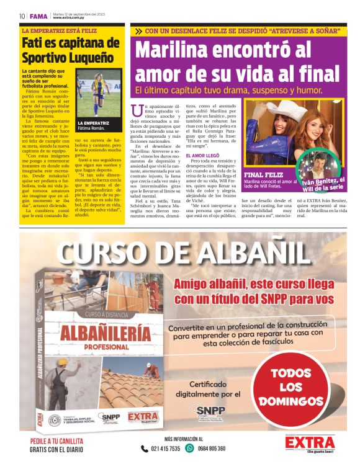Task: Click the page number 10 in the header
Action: [22, 16]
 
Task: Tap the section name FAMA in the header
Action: [39, 16]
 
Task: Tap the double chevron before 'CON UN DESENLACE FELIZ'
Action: [137, 30]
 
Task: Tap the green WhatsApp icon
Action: [190, 448]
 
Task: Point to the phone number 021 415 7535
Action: [161, 449]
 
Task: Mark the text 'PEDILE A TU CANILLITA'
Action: [59, 442]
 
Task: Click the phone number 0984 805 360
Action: [211, 449]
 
